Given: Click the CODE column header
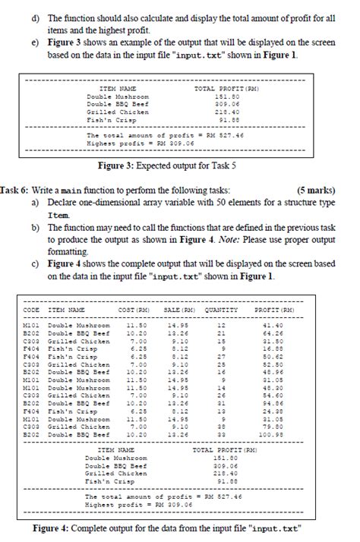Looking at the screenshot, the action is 32,310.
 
